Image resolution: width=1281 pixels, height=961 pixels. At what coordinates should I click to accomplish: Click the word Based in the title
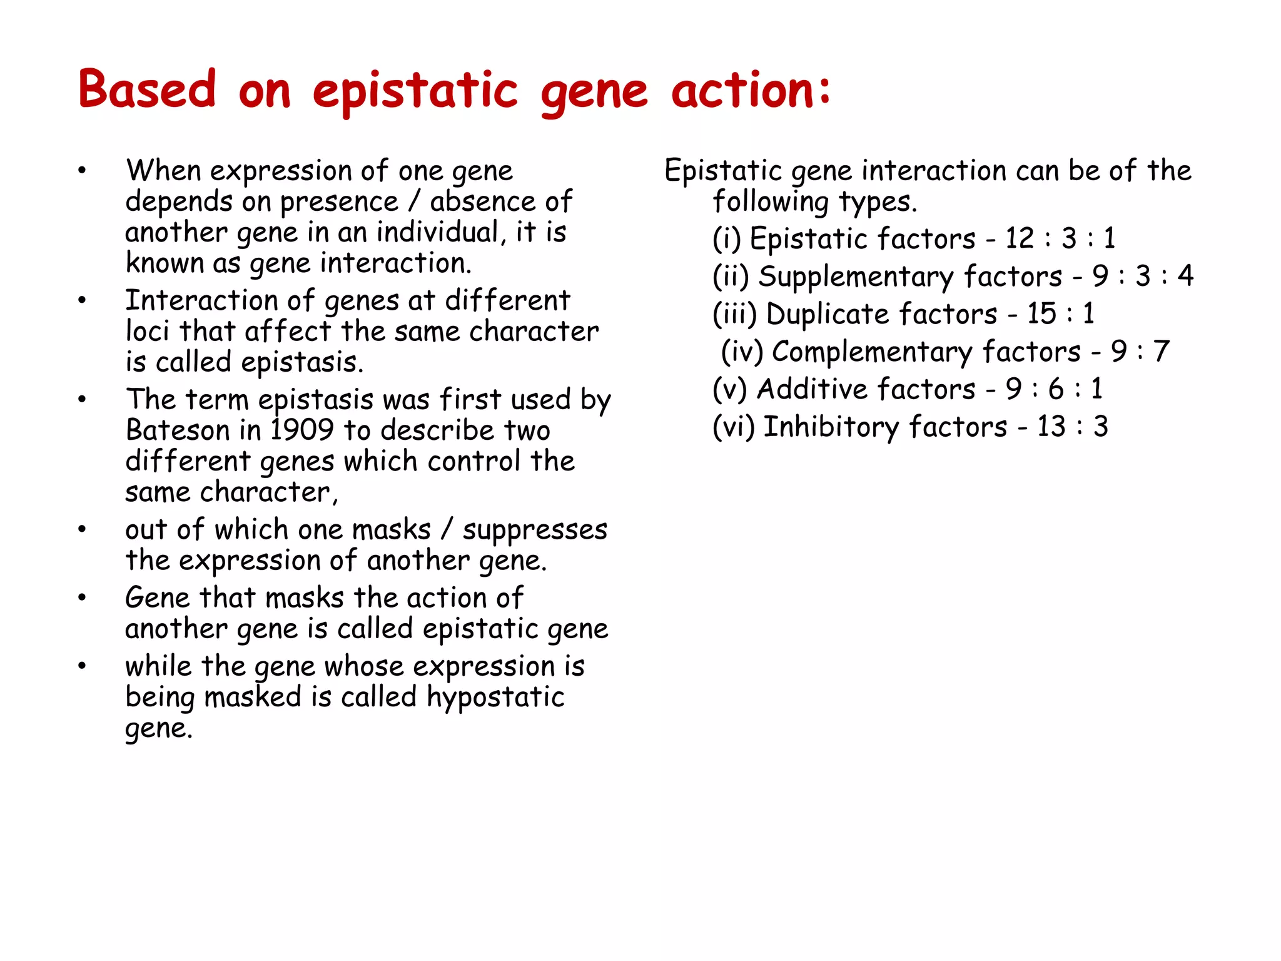147,90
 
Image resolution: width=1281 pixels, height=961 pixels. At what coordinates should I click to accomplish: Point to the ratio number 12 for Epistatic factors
1019,238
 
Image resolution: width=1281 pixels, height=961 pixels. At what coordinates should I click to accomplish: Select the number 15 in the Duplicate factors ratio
1041,313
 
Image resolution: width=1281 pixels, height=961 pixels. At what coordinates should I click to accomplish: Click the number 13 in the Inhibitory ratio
1051,427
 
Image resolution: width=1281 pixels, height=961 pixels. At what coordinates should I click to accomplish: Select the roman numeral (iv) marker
742,352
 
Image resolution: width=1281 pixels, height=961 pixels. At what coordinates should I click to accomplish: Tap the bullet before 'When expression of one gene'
82,171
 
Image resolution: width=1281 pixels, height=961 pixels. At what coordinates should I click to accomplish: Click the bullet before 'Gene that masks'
82,598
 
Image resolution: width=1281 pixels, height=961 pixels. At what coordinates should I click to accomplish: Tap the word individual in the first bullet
441,233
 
